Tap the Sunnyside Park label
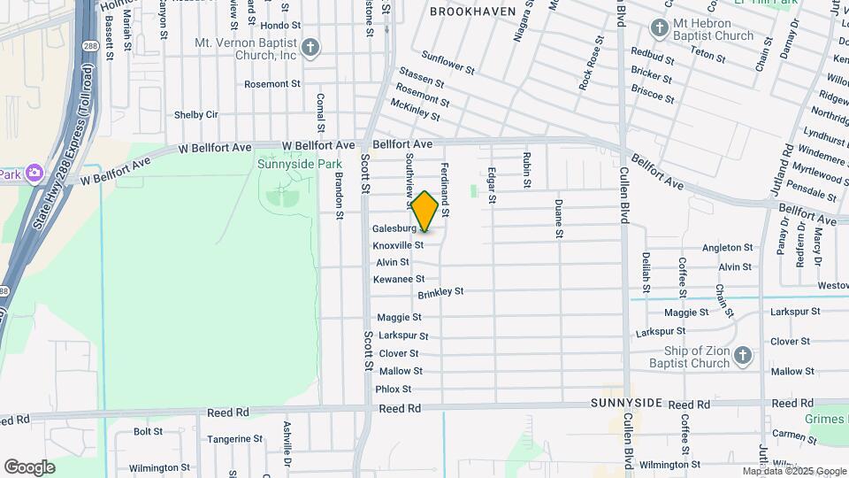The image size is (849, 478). (x=299, y=164)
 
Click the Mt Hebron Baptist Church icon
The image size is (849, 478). (x=659, y=27)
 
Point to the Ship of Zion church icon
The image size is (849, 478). (x=743, y=356)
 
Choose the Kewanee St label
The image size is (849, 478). (x=399, y=279)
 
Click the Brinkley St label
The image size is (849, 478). (x=440, y=291)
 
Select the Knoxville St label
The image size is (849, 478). (x=398, y=245)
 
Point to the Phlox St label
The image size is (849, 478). (x=394, y=389)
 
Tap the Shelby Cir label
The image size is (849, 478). (x=195, y=114)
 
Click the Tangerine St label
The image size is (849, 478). (x=234, y=439)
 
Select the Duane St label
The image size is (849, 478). (x=559, y=218)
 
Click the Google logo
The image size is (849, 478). (x=30, y=466)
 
